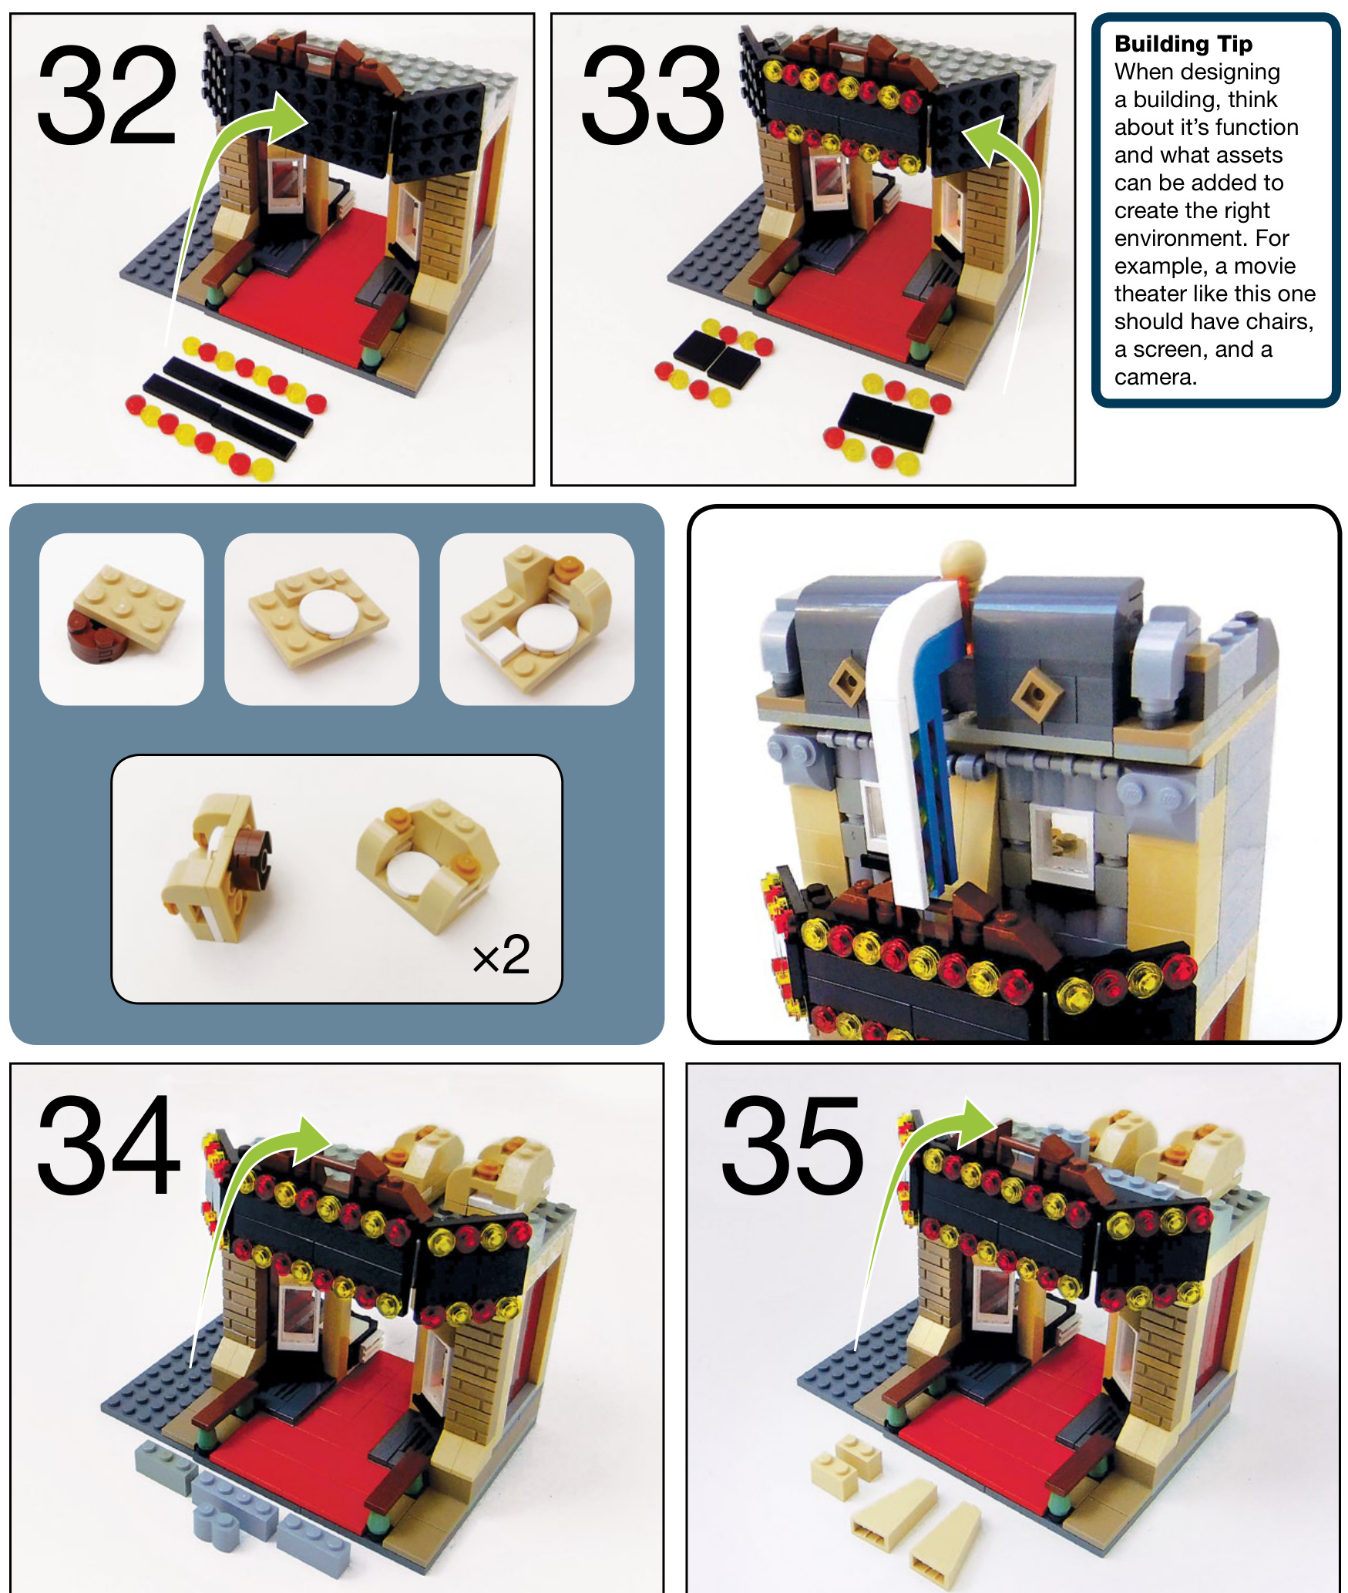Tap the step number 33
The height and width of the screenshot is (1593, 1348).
[x=652, y=95]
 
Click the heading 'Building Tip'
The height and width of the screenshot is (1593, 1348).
[x=1183, y=44]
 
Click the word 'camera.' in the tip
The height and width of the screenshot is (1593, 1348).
[x=1155, y=377]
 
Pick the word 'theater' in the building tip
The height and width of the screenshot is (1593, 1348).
[x=1152, y=294]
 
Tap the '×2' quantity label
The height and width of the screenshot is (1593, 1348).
[x=501, y=956]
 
